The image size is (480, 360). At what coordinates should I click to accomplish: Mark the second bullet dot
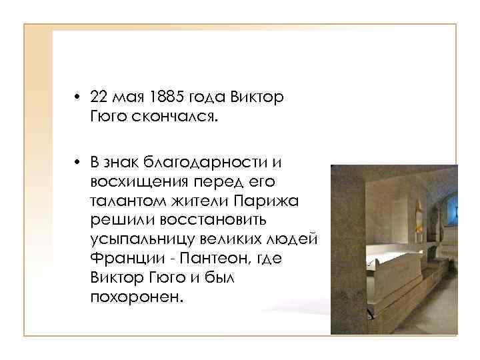pos(78,161)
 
